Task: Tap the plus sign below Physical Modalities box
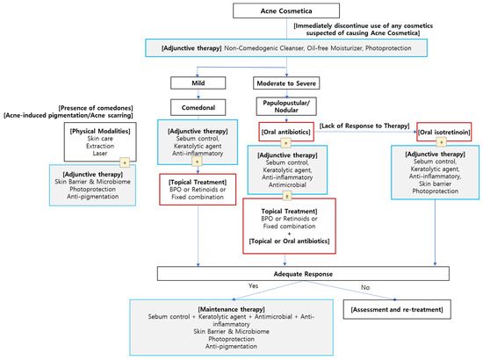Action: pyautogui.click(x=99, y=162)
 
